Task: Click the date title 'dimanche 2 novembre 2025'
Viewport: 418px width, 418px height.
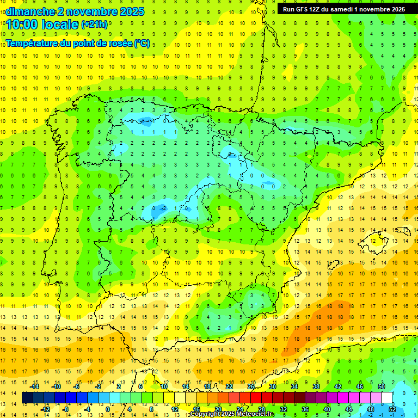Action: tap(75, 11)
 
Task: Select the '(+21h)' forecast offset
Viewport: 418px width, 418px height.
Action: tap(94, 25)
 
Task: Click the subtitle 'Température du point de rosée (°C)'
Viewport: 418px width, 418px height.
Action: tap(78, 43)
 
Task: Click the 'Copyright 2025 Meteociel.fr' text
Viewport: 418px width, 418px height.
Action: tap(232, 414)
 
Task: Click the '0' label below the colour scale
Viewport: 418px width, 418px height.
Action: tap(108, 409)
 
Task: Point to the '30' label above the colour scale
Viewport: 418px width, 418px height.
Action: tap(272, 386)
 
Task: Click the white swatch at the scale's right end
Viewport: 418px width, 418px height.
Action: tap(386, 398)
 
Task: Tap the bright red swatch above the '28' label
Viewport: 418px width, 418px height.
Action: tap(256, 398)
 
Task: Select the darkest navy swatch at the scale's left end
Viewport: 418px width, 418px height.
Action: tap(28, 398)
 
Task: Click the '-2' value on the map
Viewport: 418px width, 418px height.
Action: tap(163, 208)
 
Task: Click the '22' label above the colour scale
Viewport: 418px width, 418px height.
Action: tap(229, 386)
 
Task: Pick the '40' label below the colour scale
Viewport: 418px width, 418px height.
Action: tap(327, 409)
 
